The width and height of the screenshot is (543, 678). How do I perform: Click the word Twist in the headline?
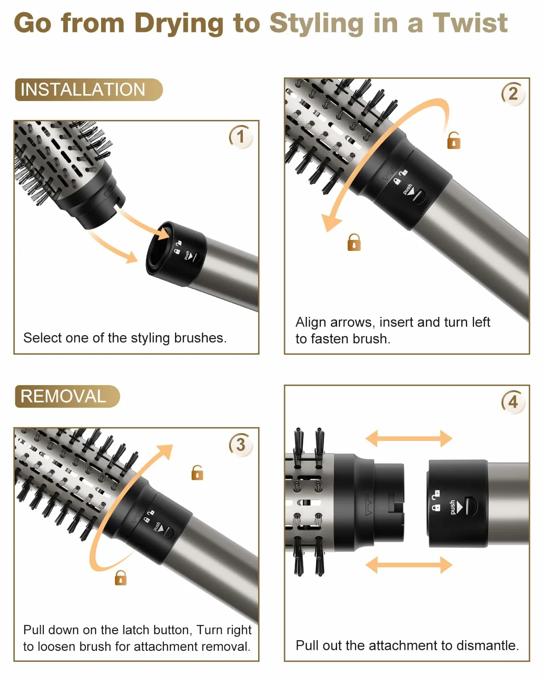470,23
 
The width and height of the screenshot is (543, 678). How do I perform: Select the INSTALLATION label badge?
89,90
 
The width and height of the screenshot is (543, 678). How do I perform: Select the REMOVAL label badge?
67,396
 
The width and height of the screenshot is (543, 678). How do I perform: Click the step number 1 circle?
241,137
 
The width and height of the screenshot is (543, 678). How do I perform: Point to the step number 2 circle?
513,94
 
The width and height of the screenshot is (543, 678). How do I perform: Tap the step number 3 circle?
241,445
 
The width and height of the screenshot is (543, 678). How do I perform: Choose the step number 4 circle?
513,402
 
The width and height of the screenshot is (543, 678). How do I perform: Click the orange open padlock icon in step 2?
454,141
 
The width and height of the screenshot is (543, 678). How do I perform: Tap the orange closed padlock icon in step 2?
354,243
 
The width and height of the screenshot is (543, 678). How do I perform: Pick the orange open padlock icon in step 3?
197,473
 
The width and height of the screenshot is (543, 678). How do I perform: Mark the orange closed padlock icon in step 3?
121,577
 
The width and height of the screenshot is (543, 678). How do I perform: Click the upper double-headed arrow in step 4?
409,438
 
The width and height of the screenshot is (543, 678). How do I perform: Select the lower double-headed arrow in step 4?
409,565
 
